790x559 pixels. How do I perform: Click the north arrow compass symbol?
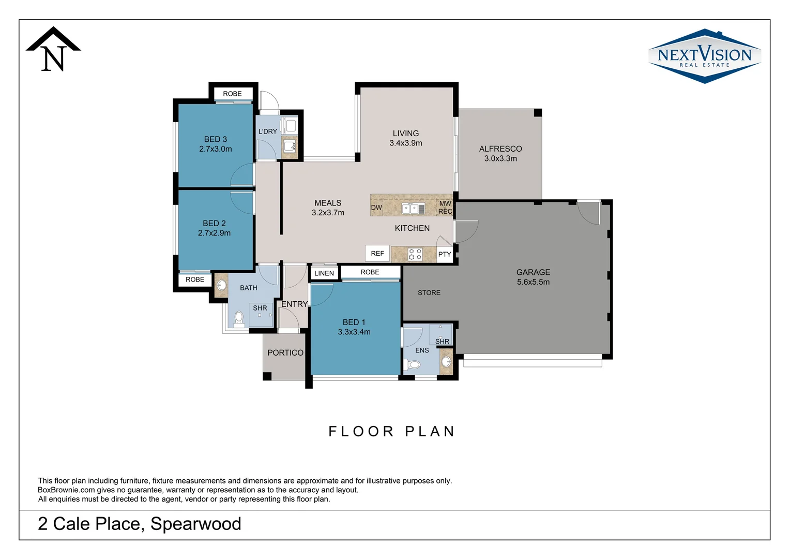tap(53, 50)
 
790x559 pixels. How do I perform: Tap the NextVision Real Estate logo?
tap(704, 56)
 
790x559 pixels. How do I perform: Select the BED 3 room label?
tap(215, 139)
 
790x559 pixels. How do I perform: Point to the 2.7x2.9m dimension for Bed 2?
tap(214, 233)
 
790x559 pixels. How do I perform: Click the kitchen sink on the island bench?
tap(413, 209)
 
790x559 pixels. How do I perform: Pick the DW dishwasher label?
tap(376, 208)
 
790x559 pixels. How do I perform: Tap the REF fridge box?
tap(377, 253)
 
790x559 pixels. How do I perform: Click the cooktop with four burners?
tap(415, 254)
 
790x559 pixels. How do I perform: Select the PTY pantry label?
tap(445, 254)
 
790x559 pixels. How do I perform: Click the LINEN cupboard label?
tap(324, 273)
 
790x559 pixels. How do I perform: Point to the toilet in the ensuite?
tap(414, 365)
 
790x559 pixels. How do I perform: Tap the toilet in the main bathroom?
tap(239, 318)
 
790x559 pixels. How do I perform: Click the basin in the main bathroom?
tap(221, 285)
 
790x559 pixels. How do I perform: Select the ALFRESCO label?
tap(500, 149)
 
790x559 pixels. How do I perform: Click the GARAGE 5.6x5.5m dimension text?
tap(533, 282)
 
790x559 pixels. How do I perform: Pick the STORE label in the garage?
tap(429, 293)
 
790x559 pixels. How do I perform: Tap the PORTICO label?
tap(285, 353)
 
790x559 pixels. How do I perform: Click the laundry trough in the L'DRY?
tap(290, 145)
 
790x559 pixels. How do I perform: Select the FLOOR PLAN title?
tap(391, 432)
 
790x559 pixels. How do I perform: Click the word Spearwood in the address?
tap(195, 524)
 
